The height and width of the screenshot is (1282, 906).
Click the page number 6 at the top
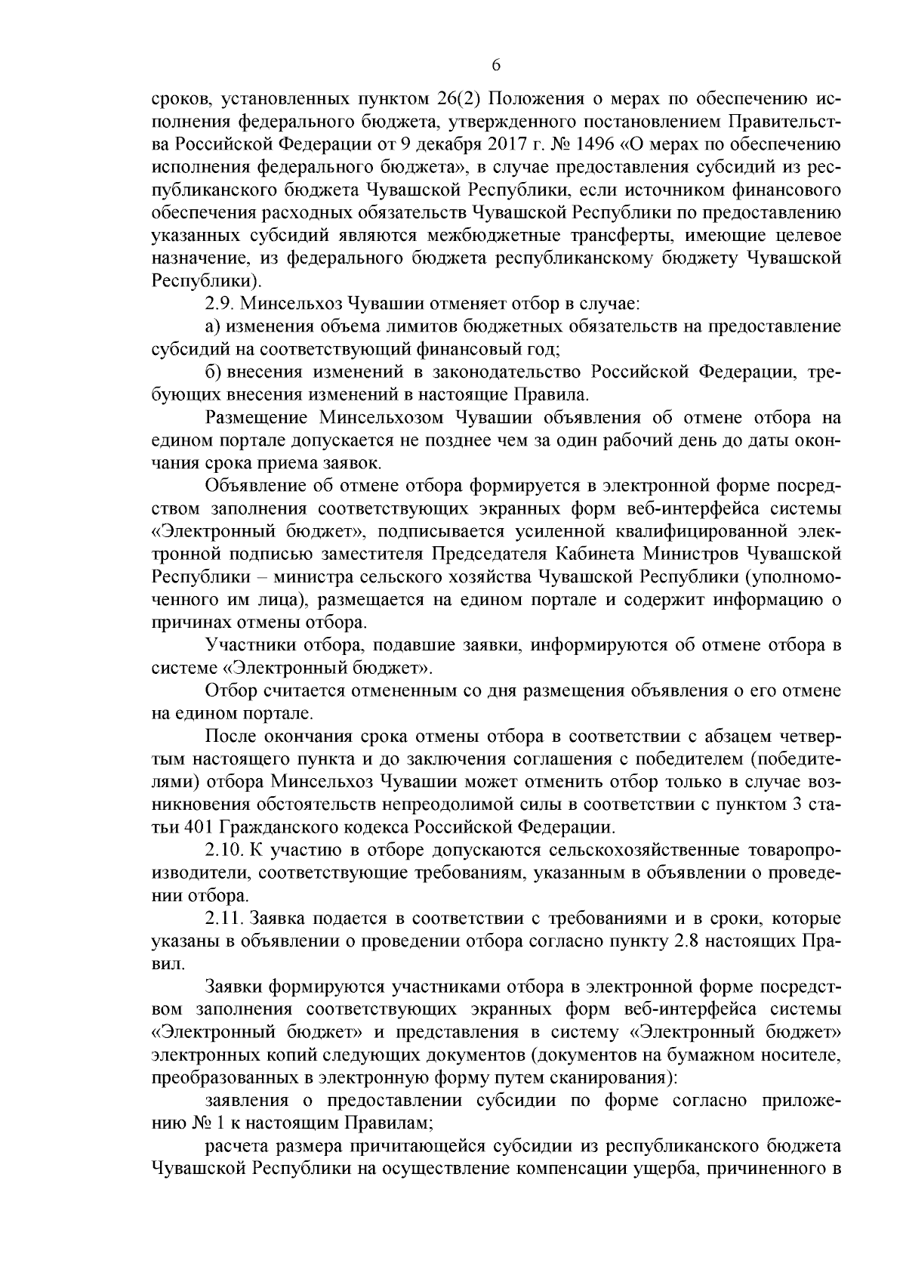(x=496, y=65)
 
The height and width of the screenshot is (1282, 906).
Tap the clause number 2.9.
(x=218, y=304)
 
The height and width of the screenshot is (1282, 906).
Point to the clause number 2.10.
(x=223, y=850)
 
